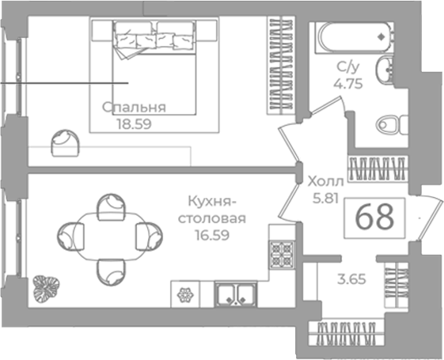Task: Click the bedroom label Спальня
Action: (x=134, y=108)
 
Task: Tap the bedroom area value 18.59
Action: (x=135, y=124)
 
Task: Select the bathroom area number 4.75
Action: (x=348, y=84)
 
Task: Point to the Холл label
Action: (x=325, y=182)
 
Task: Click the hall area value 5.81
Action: (x=325, y=198)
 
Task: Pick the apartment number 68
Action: (x=374, y=217)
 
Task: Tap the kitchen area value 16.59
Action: (x=212, y=235)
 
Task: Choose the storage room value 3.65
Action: (x=351, y=279)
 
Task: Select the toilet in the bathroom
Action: (x=392, y=124)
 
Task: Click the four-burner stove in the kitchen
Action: (x=282, y=255)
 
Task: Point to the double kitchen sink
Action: (x=236, y=294)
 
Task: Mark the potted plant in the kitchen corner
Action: (x=46, y=289)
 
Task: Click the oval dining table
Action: (x=110, y=237)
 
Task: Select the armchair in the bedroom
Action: (x=65, y=143)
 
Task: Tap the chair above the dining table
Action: (x=111, y=207)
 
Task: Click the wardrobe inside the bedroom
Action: (x=281, y=66)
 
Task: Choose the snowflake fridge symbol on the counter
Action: (x=185, y=294)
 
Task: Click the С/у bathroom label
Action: (x=348, y=67)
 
